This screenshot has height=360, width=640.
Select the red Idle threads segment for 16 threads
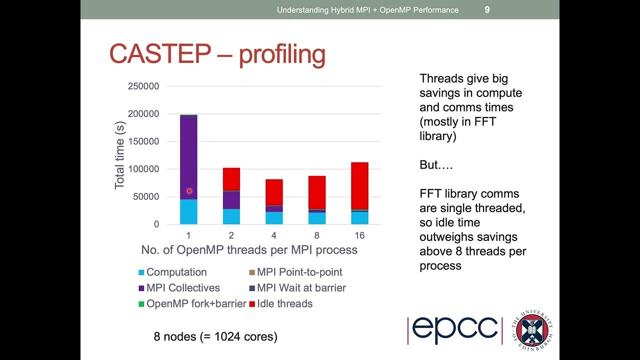click(x=359, y=185)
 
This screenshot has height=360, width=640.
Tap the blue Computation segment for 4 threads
click(x=274, y=218)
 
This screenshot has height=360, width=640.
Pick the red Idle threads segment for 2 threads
click(x=231, y=179)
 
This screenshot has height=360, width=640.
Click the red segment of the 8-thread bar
click(x=316, y=192)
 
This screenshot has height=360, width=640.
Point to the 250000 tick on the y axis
click(x=143, y=86)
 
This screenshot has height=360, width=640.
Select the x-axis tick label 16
click(x=359, y=235)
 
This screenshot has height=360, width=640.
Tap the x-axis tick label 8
click(x=316, y=235)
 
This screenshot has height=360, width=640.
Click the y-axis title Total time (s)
click(x=119, y=155)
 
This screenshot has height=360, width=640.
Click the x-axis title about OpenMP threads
click(x=249, y=250)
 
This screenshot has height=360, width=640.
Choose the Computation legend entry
click(x=176, y=272)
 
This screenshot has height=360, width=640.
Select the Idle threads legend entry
click(x=284, y=303)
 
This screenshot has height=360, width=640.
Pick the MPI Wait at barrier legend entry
click(x=301, y=288)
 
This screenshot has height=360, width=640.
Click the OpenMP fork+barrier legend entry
click(x=196, y=303)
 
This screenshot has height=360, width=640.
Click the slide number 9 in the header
click(x=487, y=9)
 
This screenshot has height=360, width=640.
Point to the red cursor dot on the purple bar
click(x=189, y=191)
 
